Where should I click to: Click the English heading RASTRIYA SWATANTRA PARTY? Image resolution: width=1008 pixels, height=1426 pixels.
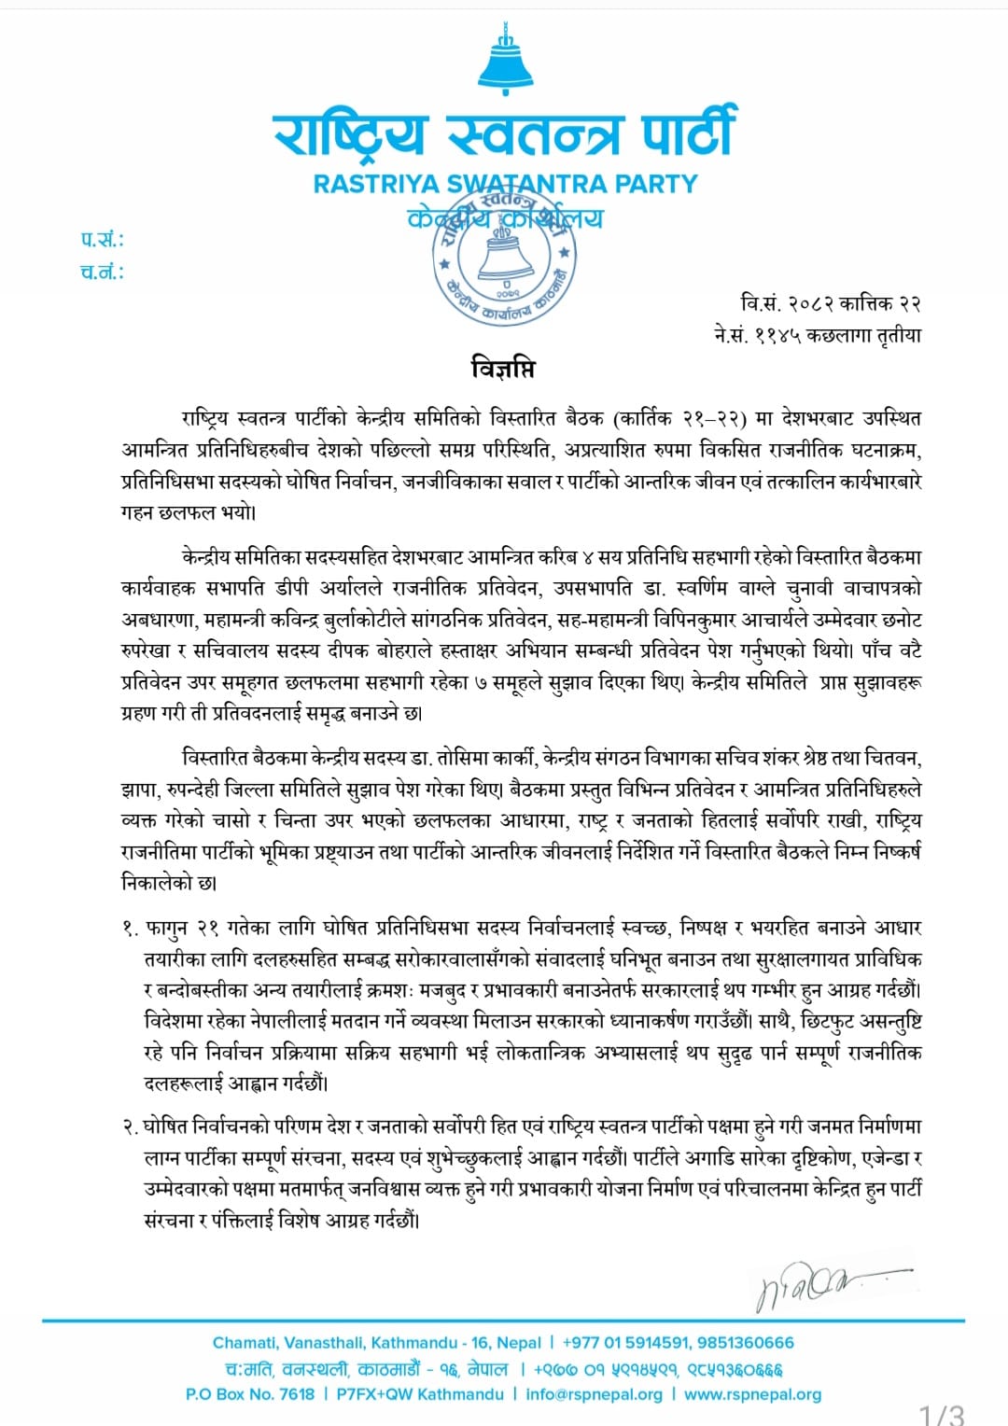[x=505, y=184]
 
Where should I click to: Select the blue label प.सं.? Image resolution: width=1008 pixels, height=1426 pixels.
[x=102, y=240]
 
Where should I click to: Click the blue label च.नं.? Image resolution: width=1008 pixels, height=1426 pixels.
[x=102, y=273]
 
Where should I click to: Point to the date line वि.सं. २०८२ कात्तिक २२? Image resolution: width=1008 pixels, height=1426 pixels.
[x=831, y=303]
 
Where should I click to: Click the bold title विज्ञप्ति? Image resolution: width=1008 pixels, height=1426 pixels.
[x=503, y=369]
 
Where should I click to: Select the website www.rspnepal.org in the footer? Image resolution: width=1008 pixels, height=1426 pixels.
[x=752, y=1394]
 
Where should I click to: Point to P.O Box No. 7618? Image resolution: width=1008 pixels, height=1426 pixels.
[x=250, y=1394]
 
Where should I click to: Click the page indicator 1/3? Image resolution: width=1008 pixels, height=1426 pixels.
[x=941, y=1415]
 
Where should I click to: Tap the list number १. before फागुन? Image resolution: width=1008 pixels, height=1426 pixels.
[x=131, y=929]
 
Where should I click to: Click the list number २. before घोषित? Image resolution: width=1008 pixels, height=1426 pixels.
[x=131, y=1127]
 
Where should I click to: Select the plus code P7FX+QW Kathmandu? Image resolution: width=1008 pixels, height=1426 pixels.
[x=420, y=1394]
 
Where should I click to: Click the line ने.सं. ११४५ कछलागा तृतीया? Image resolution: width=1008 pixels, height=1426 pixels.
[x=817, y=335]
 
